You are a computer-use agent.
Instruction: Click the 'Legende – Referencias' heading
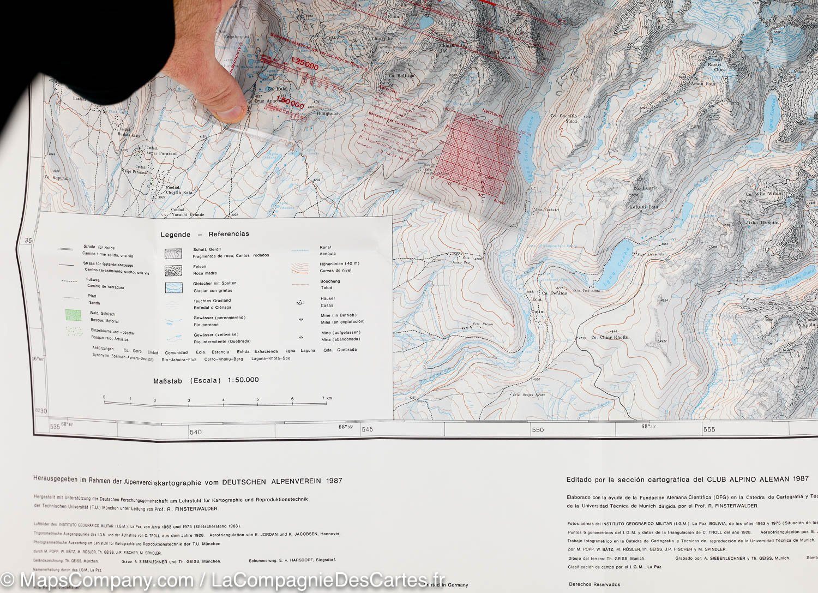click(x=204, y=234)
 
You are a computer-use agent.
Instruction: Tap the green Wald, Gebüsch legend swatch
click(x=73, y=315)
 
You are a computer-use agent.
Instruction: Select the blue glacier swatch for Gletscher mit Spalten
click(x=173, y=287)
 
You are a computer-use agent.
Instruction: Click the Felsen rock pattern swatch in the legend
click(x=173, y=271)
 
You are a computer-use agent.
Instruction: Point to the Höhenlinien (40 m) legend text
click(x=340, y=263)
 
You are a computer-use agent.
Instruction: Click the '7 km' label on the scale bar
click(x=327, y=398)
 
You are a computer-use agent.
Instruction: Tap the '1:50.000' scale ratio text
click(x=244, y=380)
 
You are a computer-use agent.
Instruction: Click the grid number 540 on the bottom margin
click(x=195, y=432)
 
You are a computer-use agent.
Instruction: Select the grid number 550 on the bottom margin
click(x=538, y=430)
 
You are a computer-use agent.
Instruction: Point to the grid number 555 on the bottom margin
click(x=709, y=429)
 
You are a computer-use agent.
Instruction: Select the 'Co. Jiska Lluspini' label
click(x=758, y=223)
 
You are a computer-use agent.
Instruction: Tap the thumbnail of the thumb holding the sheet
click(x=232, y=112)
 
